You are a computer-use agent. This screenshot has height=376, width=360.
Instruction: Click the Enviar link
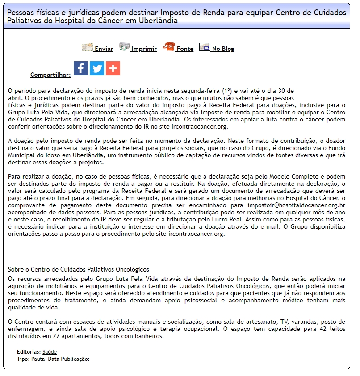(104, 49)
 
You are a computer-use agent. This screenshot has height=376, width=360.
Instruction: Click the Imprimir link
(144, 49)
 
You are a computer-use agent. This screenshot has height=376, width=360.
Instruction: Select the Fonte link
(185, 49)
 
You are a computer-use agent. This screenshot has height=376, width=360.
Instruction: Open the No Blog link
(223, 49)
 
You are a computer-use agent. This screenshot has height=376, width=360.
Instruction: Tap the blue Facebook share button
(81, 68)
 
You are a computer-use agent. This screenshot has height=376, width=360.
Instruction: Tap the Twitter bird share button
(97, 68)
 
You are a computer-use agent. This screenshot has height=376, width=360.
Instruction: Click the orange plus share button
(113, 68)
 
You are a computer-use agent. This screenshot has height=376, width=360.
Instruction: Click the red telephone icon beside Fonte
(169, 47)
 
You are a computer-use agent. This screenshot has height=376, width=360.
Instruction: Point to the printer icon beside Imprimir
(124, 47)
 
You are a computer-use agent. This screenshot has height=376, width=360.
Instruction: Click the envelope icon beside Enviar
(87, 47)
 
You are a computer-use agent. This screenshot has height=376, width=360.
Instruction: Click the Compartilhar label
(50, 75)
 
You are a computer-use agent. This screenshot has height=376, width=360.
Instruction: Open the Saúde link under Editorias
(50, 352)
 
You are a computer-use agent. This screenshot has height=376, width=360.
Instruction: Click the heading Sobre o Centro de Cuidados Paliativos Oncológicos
(79, 270)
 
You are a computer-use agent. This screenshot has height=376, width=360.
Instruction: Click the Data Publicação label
(69, 359)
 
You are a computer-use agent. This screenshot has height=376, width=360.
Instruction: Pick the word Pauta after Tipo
(38, 359)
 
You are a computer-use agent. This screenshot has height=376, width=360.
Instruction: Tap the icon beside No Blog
(205, 47)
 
